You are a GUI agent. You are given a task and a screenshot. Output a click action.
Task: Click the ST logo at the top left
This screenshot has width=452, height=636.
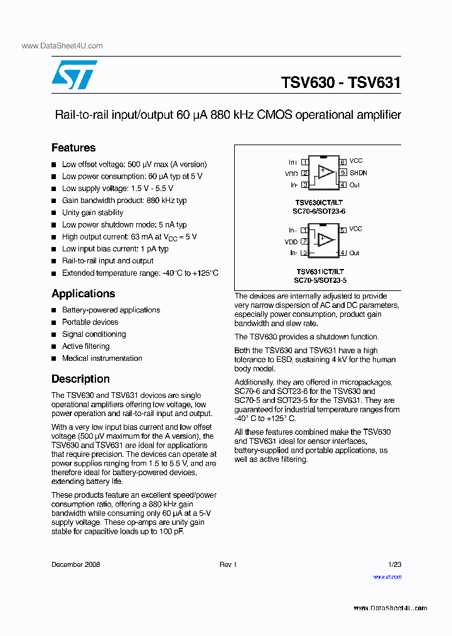[74, 75]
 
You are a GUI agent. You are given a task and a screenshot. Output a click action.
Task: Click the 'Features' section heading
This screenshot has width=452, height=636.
[73, 148]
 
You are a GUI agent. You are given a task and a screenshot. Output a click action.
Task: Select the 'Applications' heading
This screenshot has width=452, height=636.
[83, 294]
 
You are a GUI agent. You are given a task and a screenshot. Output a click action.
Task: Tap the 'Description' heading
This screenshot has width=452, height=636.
[80, 380]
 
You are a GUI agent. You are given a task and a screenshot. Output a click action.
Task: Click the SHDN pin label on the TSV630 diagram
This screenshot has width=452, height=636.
[358, 173]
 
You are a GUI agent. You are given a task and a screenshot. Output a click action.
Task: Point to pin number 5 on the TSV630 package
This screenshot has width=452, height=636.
[343, 172]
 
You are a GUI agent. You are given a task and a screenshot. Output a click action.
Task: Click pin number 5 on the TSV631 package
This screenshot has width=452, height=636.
[343, 230]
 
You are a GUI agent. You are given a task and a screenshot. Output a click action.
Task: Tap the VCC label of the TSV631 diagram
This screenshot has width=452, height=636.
[356, 229]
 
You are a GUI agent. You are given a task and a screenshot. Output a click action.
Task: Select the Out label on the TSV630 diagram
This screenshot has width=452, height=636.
[355, 185]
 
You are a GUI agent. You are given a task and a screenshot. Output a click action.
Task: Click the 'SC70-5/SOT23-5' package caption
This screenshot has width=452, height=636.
[320, 280]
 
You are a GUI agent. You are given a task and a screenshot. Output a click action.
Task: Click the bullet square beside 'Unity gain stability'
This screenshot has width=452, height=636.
[54, 213]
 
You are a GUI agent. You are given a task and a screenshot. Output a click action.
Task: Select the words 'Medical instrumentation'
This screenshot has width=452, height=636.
[102, 358]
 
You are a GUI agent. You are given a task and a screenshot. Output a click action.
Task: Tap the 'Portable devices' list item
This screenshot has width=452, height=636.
[90, 322]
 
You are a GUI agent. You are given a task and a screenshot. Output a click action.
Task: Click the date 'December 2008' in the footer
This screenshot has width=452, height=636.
[75, 564]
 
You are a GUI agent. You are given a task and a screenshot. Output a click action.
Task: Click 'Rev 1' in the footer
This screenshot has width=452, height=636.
[228, 564]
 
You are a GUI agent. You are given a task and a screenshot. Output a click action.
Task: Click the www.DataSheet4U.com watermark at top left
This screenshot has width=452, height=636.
[62, 46]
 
